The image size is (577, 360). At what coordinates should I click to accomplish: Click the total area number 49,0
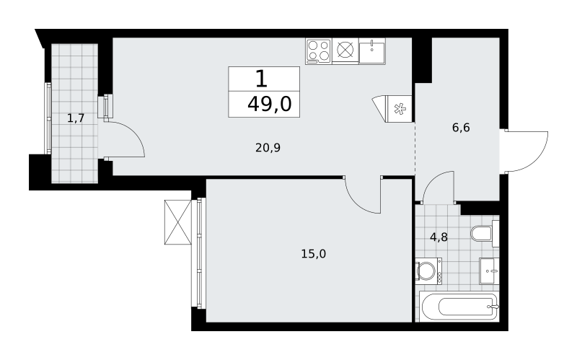pyautogui.click(x=269, y=104)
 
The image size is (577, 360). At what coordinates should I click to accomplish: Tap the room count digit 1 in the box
pyautogui.click(x=261, y=79)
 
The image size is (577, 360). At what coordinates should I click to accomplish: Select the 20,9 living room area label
pyautogui.click(x=268, y=148)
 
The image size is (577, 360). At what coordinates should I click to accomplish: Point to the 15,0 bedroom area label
pyautogui.click(x=314, y=254)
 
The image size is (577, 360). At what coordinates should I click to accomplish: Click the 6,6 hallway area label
pyautogui.click(x=461, y=128)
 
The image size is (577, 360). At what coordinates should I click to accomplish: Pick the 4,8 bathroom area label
pyautogui.click(x=439, y=237)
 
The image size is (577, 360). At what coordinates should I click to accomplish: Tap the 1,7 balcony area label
pyautogui.click(x=76, y=118)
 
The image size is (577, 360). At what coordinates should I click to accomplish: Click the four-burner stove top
pyautogui.click(x=318, y=51)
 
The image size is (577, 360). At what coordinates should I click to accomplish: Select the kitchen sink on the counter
pyautogui.click(x=372, y=51)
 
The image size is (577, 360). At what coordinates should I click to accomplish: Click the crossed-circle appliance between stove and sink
pyautogui.click(x=345, y=51)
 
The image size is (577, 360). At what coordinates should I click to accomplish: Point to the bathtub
pyautogui.click(x=459, y=307)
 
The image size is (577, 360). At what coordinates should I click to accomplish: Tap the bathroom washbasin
pyautogui.click(x=489, y=271)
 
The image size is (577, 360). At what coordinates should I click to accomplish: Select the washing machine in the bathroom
pyautogui.click(x=428, y=271)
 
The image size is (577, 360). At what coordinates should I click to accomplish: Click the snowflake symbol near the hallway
pyautogui.click(x=399, y=109)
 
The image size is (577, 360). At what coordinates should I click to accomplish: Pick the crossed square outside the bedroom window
pyautogui.click(x=178, y=222)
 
